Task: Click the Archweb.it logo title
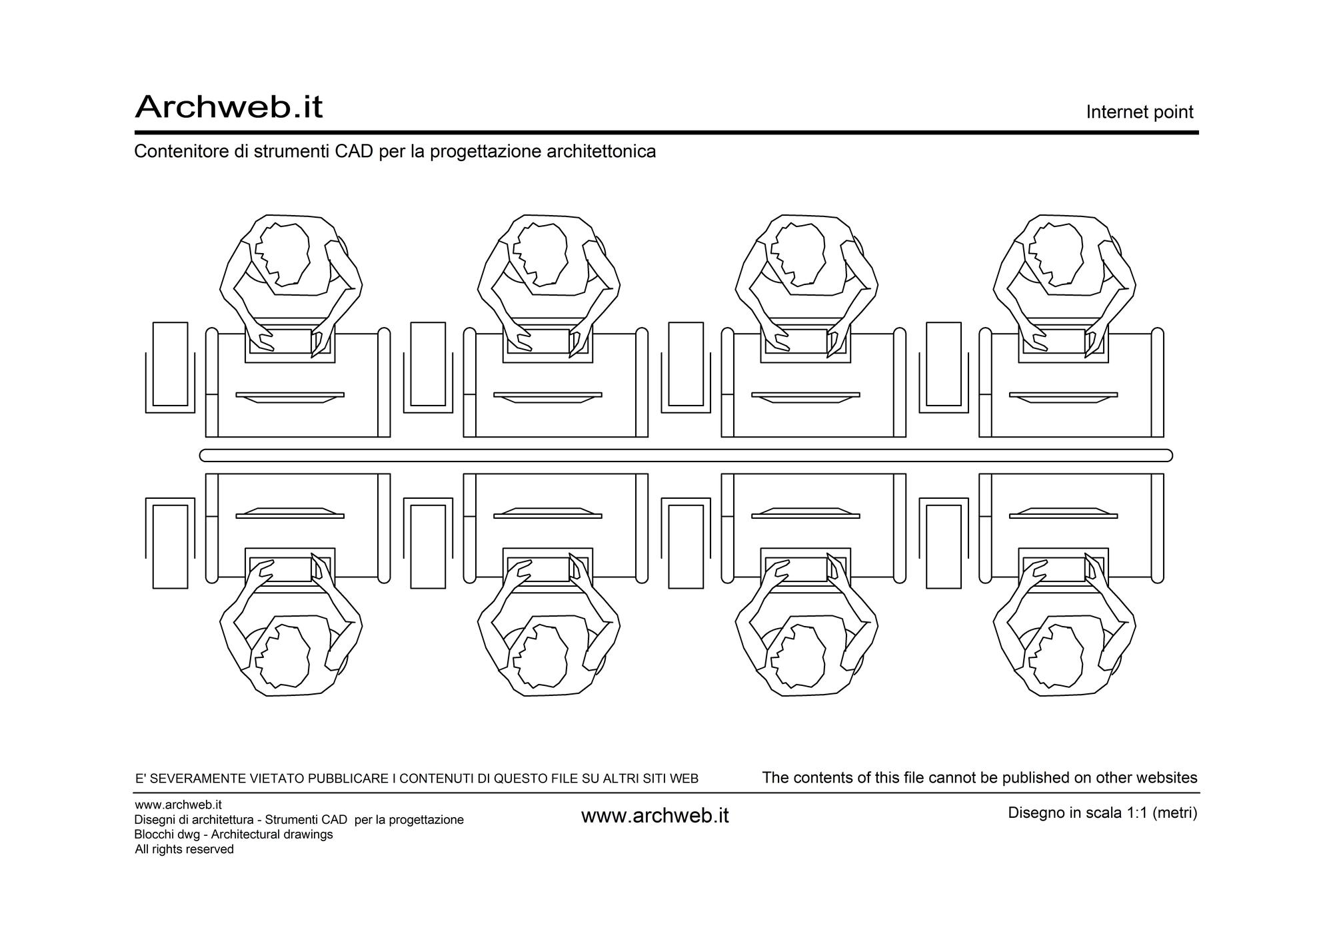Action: pyautogui.click(x=229, y=107)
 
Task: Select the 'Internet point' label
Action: pyautogui.click(x=1140, y=112)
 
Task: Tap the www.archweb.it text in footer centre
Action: pyautogui.click(x=655, y=816)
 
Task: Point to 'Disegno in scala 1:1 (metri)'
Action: pyautogui.click(x=1102, y=813)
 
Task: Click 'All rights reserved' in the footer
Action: pyautogui.click(x=185, y=849)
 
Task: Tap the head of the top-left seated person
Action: pyautogui.click(x=283, y=254)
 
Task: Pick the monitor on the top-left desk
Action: pyautogui.click(x=290, y=398)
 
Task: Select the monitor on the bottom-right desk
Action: pyautogui.click(x=1064, y=513)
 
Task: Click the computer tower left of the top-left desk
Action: pyautogui.click(x=170, y=364)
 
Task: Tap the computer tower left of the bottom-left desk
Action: pyautogui.click(x=170, y=547)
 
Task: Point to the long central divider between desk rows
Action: pyautogui.click(x=686, y=456)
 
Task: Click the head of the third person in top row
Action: pyautogui.click(x=798, y=254)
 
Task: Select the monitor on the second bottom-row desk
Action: pyautogui.click(x=548, y=513)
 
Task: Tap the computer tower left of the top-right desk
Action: pyautogui.click(x=944, y=364)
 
